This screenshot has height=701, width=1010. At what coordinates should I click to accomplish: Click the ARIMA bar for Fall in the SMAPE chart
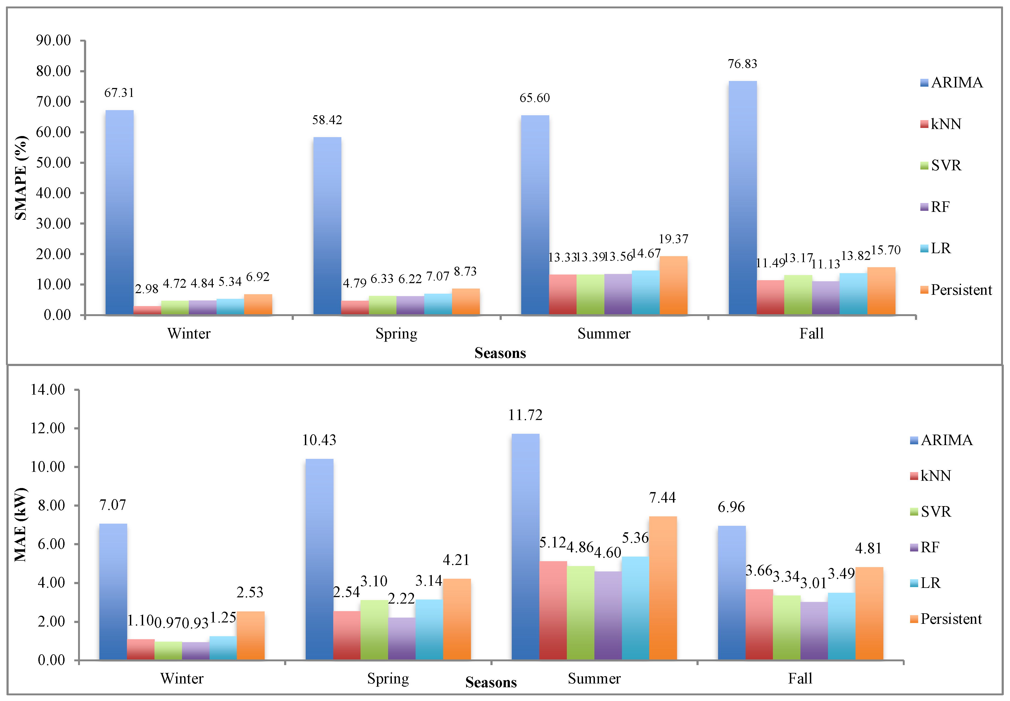(x=742, y=198)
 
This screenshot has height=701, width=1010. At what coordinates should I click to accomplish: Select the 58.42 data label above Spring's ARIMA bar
(x=327, y=120)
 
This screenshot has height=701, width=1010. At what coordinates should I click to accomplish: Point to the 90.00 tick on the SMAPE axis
(x=53, y=40)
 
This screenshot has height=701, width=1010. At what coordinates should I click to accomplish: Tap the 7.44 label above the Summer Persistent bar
(x=662, y=498)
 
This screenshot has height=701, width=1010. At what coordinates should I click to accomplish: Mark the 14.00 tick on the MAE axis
(x=48, y=390)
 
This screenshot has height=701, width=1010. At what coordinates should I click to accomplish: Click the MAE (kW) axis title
(x=21, y=524)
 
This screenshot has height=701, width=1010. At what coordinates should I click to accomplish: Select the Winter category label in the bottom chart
(x=182, y=679)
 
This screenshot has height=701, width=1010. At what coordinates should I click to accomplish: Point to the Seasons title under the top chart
(x=500, y=353)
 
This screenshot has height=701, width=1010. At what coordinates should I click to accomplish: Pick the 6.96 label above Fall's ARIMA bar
(x=731, y=507)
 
